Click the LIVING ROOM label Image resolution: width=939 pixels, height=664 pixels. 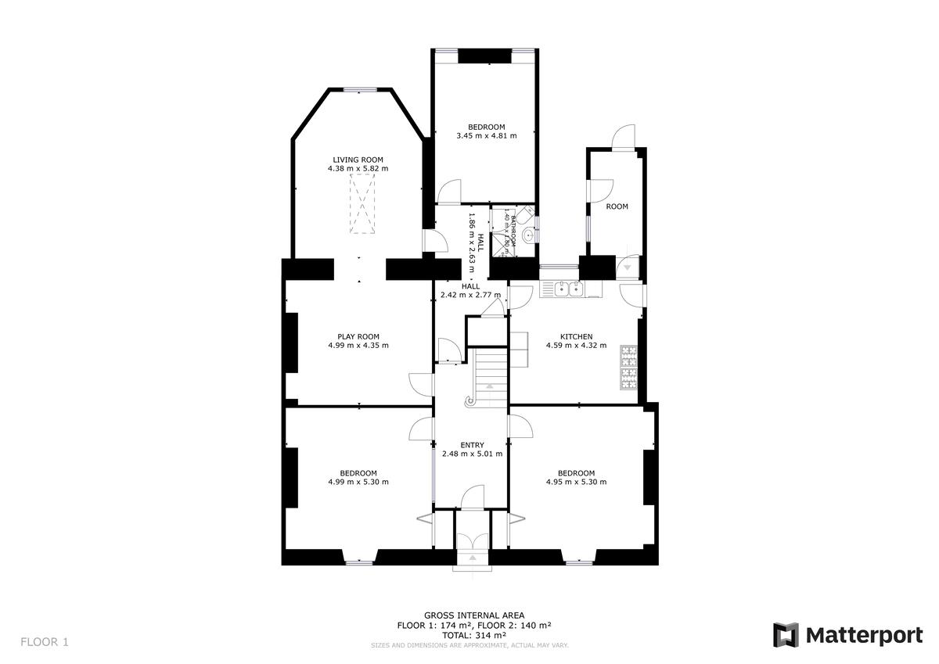click(x=358, y=160)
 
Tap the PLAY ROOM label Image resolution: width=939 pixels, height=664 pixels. click(x=358, y=336)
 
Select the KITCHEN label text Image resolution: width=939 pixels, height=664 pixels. click(x=576, y=336)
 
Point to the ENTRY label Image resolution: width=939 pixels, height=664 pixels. click(x=472, y=445)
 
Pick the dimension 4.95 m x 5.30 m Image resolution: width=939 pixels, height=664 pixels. click(x=576, y=482)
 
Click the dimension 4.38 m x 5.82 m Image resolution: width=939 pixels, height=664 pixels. click(x=358, y=168)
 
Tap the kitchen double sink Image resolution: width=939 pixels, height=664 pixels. click(x=569, y=289)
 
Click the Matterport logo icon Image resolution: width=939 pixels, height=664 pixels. click(x=786, y=635)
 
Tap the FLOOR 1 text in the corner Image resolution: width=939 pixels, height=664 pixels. click(x=45, y=642)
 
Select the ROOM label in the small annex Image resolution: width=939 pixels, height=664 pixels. click(x=617, y=206)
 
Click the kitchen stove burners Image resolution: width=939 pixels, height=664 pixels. click(x=629, y=368)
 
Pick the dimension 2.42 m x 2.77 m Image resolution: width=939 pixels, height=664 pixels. click(x=470, y=295)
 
